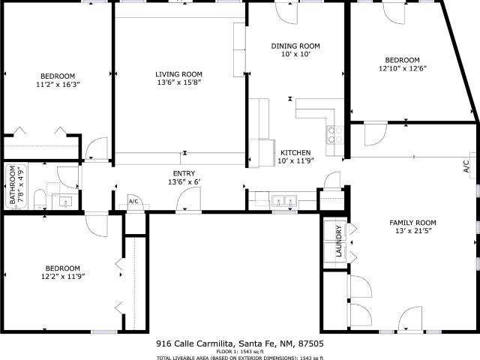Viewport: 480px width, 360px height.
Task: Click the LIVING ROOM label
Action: pyautogui.click(x=178, y=74)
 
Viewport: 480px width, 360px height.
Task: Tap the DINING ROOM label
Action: pyautogui.click(x=295, y=46)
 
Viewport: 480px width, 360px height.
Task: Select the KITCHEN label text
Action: pyautogui.click(x=295, y=152)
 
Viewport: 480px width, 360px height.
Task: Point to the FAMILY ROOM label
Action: pyautogui.click(x=412, y=223)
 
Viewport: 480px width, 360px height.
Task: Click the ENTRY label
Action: pyautogui.click(x=184, y=173)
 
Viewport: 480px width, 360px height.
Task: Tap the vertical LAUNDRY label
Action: pyautogui.click(x=338, y=241)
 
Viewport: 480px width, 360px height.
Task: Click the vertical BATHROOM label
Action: pyautogui.click(x=12, y=185)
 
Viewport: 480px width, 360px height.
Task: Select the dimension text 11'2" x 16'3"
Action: pyautogui.click(x=58, y=85)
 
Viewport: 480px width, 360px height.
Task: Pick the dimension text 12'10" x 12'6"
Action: pyautogui.click(x=403, y=68)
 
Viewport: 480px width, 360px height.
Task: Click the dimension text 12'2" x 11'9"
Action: pyautogui.click(x=63, y=277)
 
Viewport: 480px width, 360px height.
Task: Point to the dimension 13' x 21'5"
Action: pyautogui.click(x=413, y=231)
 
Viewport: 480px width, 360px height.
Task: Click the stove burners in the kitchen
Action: pyautogui.click(x=334, y=135)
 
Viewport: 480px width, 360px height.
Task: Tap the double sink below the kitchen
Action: pyautogui.click(x=284, y=201)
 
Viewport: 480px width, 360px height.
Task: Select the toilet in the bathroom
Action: pyautogui.click(x=40, y=199)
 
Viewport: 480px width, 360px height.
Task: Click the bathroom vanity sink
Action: pyautogui.click(x=65, y=202)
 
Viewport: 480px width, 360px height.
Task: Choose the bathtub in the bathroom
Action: pyautogui.click(x=16, y=185)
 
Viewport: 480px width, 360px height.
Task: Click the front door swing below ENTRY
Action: pyautogui.click(x=188, y=199)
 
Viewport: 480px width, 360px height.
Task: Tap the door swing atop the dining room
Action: pyautogui.click(x=286, y=13)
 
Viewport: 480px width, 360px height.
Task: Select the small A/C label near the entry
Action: pyautogui.click(x=133, y=202)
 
